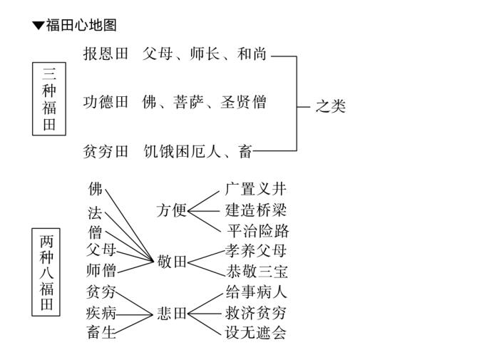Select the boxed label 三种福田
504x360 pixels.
[x=49, y=99]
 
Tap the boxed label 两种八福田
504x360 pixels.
[x=47, y=272]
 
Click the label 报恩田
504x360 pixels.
[x=105, y=53]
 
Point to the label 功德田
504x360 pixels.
[x=105, y=102]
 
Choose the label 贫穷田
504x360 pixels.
[x=105, y=150]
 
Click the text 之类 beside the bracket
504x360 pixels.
[x=331, y=106]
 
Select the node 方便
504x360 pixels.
[x=171, y=210]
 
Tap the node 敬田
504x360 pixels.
[x=172, y=262]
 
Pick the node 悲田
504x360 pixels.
[x=172, y=314]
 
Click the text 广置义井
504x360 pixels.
[x=256, y=189]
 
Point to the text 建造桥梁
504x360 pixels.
[x=256, y=210]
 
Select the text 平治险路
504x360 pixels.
[x=257, y=231]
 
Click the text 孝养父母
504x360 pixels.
[x=256, y=250]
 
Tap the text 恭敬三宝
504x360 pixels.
[x=257, y=272]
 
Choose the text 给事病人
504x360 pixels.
[x=256, y=292]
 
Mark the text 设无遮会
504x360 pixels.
[x=256, y=333]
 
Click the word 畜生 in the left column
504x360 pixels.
[x=102, y=332]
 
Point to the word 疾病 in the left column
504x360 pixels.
[x=101, y=313]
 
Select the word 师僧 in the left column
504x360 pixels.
[x=101, y=271]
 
